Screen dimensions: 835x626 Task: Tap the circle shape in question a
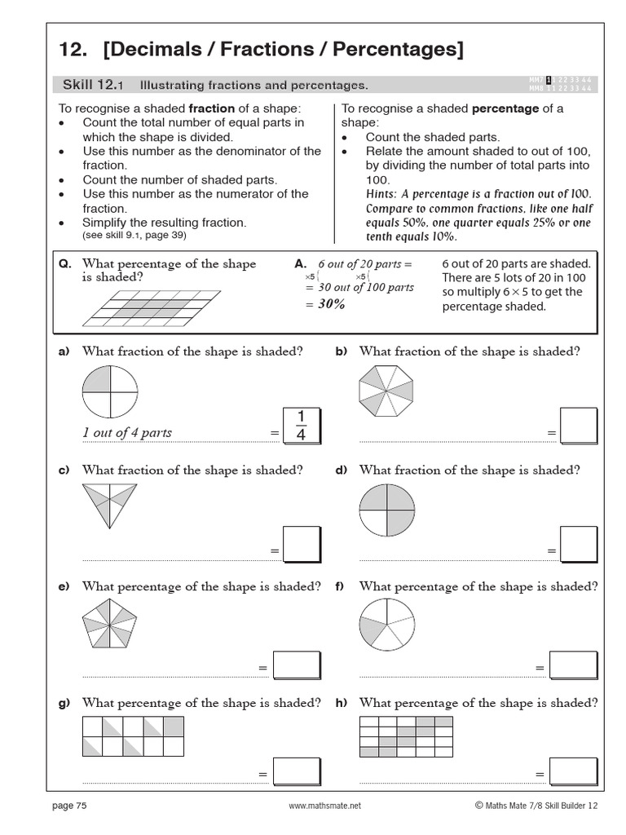click(110, 392)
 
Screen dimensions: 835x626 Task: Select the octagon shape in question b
click(386, 392)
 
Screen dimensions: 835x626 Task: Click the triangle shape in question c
click(110, 509)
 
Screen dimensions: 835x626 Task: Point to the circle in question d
click(386, 510)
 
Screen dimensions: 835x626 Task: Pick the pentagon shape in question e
click(110, 625)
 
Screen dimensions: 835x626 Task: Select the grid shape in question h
click(406, 736)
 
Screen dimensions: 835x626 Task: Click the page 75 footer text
click(69, 806)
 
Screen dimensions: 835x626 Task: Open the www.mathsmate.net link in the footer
click(324, 806)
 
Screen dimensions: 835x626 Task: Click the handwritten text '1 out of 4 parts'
click(127, 432)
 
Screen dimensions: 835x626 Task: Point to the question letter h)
click(341, 703)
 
